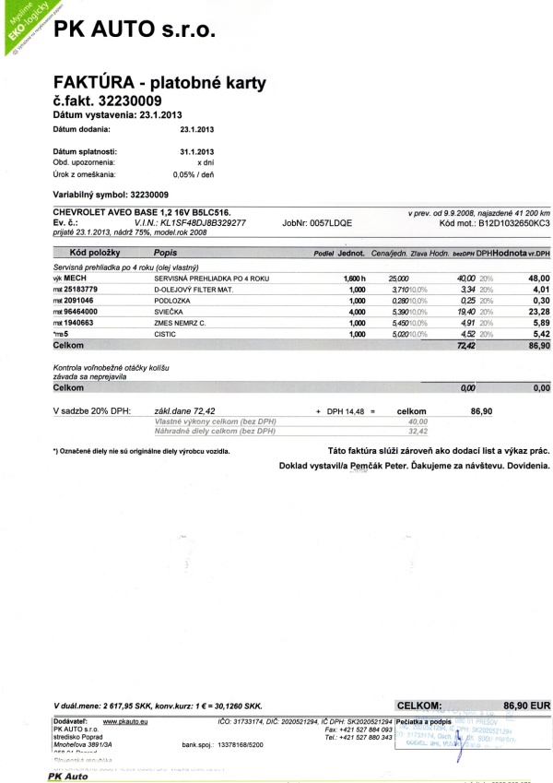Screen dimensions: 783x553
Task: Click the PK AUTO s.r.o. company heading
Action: [x=134, y=29]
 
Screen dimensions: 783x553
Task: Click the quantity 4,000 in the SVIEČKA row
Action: [x=356, y=314]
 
